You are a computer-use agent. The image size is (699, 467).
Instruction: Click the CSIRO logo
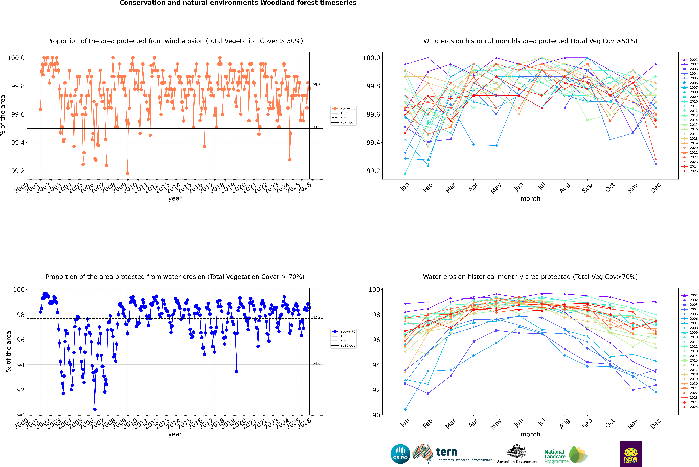pos(400,454)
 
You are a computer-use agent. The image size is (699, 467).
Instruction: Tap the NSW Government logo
pos(631,454)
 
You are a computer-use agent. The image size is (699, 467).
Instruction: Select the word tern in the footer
pos(446,452)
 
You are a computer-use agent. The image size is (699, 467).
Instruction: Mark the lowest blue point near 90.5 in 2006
pos(95,409)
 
